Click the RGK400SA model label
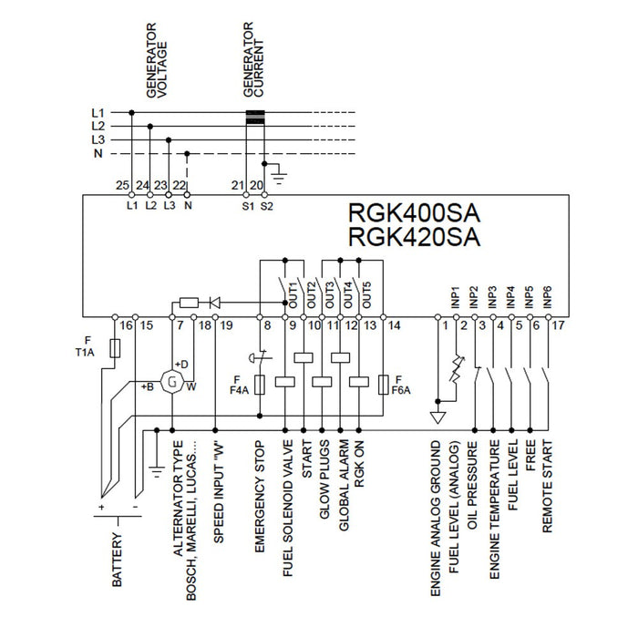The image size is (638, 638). click(x=415, y=213)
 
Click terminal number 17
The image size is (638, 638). click(x=558, y=325)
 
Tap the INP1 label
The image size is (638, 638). click(x=455, y=297)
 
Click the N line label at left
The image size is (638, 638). click(x=98, y=155)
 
